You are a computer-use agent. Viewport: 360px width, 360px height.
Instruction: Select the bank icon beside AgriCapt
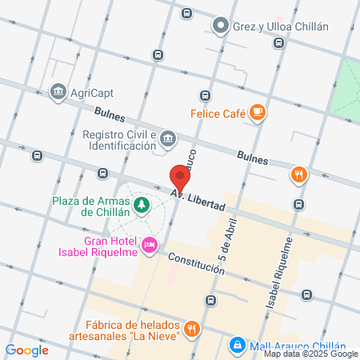point(58,92)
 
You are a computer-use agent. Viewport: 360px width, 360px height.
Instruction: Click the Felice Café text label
point(217,114)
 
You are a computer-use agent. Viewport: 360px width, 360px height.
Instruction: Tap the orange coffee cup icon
point(257,113)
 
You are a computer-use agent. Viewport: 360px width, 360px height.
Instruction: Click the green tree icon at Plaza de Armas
point(142,206)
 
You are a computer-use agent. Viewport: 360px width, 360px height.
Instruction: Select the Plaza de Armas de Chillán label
point(90,206)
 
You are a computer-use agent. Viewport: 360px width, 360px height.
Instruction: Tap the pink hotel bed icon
point(149,246)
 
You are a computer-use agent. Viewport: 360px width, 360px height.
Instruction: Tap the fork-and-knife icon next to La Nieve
point(191,328)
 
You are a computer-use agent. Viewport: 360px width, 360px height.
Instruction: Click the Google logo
point(26,350)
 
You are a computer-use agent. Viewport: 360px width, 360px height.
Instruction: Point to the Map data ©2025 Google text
point(310,354)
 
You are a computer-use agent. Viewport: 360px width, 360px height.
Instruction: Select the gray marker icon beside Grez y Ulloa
point(220,26)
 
